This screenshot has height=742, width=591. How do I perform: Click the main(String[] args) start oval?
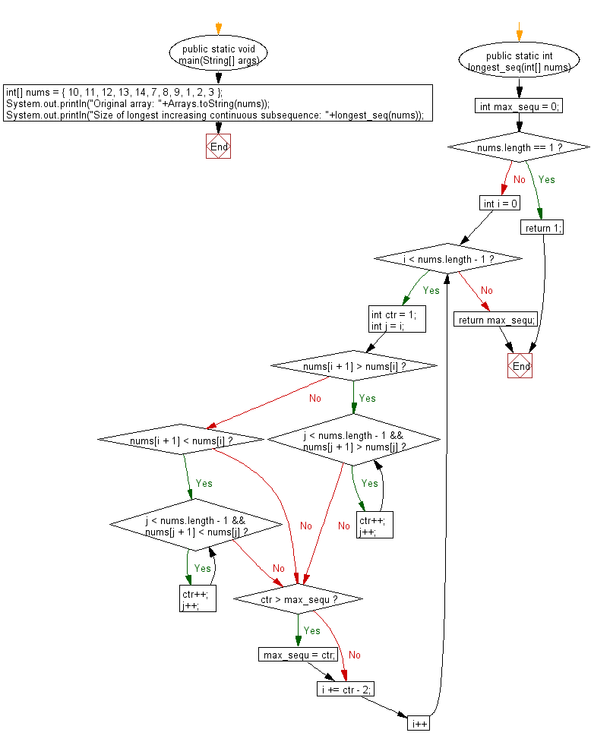tap(218, 55)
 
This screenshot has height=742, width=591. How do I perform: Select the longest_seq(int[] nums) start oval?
tap(520, 62)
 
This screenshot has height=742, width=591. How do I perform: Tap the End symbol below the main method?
tap(218, 146)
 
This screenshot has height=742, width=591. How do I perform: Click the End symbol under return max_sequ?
tap(520, 366)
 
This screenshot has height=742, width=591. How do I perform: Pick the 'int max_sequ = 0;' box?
tap(520, 106)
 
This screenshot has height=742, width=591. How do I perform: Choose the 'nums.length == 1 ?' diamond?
tap(519, 147)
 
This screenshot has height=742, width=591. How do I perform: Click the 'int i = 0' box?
tap(498, 204)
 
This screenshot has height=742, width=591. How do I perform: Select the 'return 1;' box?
tap(542, 227)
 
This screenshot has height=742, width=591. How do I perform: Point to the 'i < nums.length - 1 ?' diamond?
tap(448, 260)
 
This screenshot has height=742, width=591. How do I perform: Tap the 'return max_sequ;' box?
tap(496, 320)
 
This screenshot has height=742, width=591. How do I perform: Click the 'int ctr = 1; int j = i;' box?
tap(396, 319)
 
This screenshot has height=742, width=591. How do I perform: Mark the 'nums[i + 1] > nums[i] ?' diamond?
tap(354, 366)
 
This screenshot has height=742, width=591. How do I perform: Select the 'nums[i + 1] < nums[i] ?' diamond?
tap(182, 440)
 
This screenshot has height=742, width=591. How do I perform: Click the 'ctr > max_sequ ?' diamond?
tap(299, 599)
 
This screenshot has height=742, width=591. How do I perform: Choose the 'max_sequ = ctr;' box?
tap(299, 654)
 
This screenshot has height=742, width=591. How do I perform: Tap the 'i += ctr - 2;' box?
tap(346, 689)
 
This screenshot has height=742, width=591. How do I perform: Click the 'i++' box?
tap(419, 724)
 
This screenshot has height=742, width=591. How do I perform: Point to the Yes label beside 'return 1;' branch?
tap(546, 180)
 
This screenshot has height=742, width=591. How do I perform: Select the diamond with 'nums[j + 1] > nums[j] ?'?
tap(354, 440)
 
